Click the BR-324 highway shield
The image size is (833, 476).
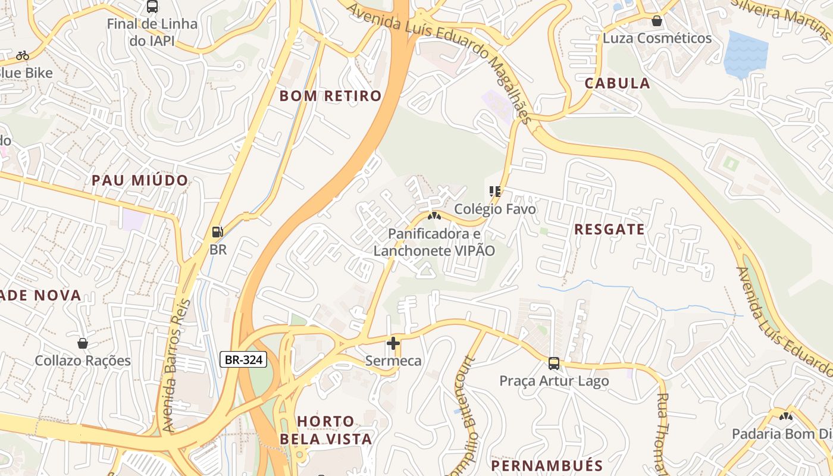243,359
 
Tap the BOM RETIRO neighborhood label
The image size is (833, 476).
330,96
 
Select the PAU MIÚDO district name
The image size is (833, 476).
140,180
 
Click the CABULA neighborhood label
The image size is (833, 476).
617,83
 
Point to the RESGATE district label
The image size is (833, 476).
609,230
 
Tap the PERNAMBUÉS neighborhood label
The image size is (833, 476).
547,465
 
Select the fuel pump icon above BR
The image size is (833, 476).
218,232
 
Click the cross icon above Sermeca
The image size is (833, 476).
393,343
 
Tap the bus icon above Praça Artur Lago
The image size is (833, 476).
553,363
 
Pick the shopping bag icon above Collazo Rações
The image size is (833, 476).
83,343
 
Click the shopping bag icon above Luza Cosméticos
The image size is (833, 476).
657,21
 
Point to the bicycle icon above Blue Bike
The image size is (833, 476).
23,55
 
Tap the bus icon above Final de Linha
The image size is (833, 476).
152,7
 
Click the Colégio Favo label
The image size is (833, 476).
495,209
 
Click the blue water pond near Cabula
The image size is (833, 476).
744,54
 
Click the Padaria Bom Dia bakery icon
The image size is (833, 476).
786,416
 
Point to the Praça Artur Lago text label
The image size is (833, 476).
554,381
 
